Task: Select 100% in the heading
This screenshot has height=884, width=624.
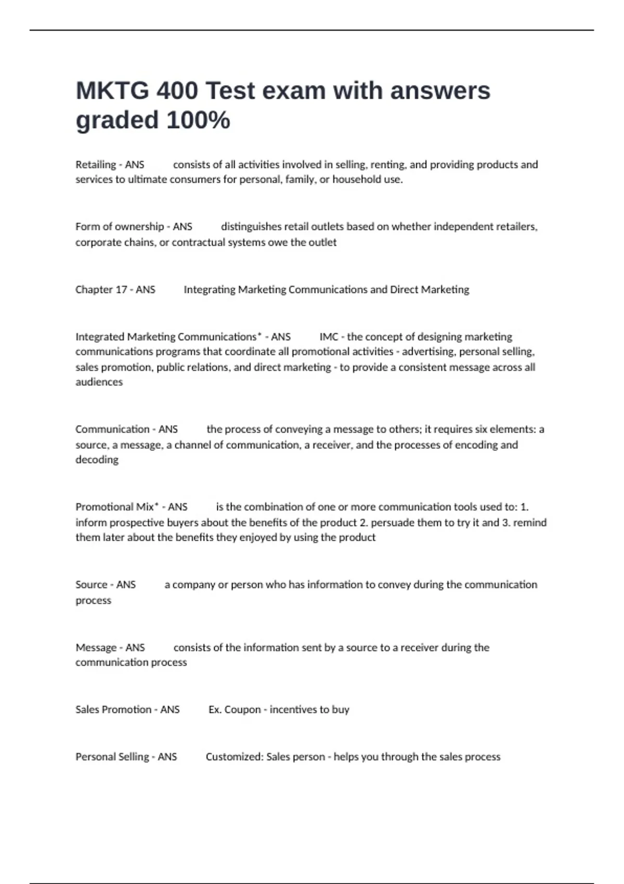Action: pyautogui.click(x=198, y=121)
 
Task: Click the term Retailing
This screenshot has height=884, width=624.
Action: pyautogui.click(x=96, y=165)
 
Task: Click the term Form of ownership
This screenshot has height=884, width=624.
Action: pyautogui.click(x=120, y=227)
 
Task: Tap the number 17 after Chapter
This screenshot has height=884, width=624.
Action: pyautogui.click(x=121, y=290)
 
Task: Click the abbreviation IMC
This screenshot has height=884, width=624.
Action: pyautogui.click(x=329, y=337)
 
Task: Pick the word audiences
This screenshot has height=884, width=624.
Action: pyautogui.click(x=99, y=382)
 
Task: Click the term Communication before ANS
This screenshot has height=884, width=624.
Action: pyautogui.click(x=112, y=430)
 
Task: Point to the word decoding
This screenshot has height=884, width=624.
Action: pyautogui.click(x=97, y=460)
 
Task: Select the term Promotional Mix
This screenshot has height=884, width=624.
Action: pyautogui.click(x=115, y=507)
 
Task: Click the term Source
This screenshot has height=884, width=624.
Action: pyautogui.click(x=91, y=585)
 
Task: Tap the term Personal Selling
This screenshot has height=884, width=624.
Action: pyautogui.click(x=112, y=757)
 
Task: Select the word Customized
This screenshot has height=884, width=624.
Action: pyautogui.click(x=235, y=757)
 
